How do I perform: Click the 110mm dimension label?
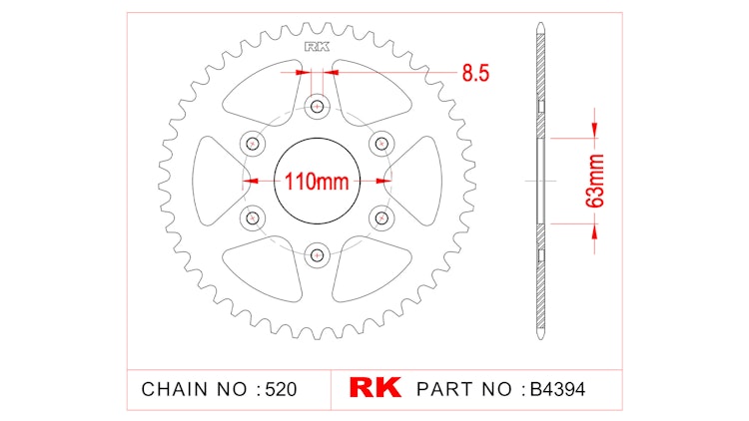pos(317,183)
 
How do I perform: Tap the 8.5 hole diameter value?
pos(474,73)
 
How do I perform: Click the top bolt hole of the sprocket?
pos(317,106)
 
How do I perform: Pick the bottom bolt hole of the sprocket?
pos(317,254)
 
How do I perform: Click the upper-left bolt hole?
pos(252,143)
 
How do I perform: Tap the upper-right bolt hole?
pos(380,143)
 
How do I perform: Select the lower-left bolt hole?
pos(252,216)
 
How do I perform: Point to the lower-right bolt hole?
pos(380,216)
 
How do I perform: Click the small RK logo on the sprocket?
pos(317,46)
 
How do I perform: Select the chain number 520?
pos(277,387)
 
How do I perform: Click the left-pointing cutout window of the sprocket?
pos(212,181)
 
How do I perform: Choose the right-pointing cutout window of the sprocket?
pos(421,181)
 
